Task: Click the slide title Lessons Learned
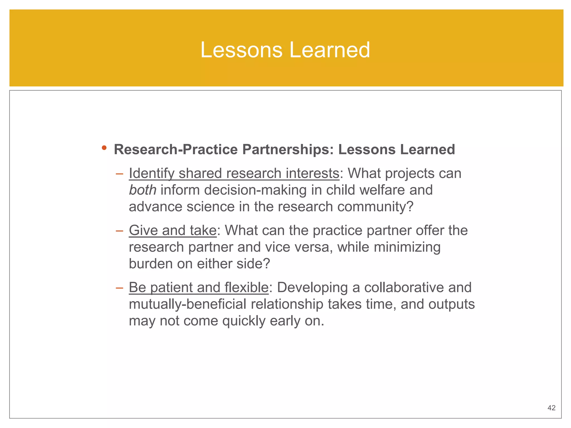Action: (x=285, y=50)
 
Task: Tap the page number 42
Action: (x=551, y=408)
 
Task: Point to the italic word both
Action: (x=142, y=190)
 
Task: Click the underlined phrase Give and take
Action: (x=173, y=230)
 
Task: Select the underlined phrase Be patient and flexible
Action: (x=199, y=287)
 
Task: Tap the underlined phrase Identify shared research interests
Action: (x=234, y=173)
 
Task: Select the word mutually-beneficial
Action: (x=187, y=304)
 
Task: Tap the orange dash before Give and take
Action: (x=119, y=231)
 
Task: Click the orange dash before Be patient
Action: (x=119, y=288)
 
